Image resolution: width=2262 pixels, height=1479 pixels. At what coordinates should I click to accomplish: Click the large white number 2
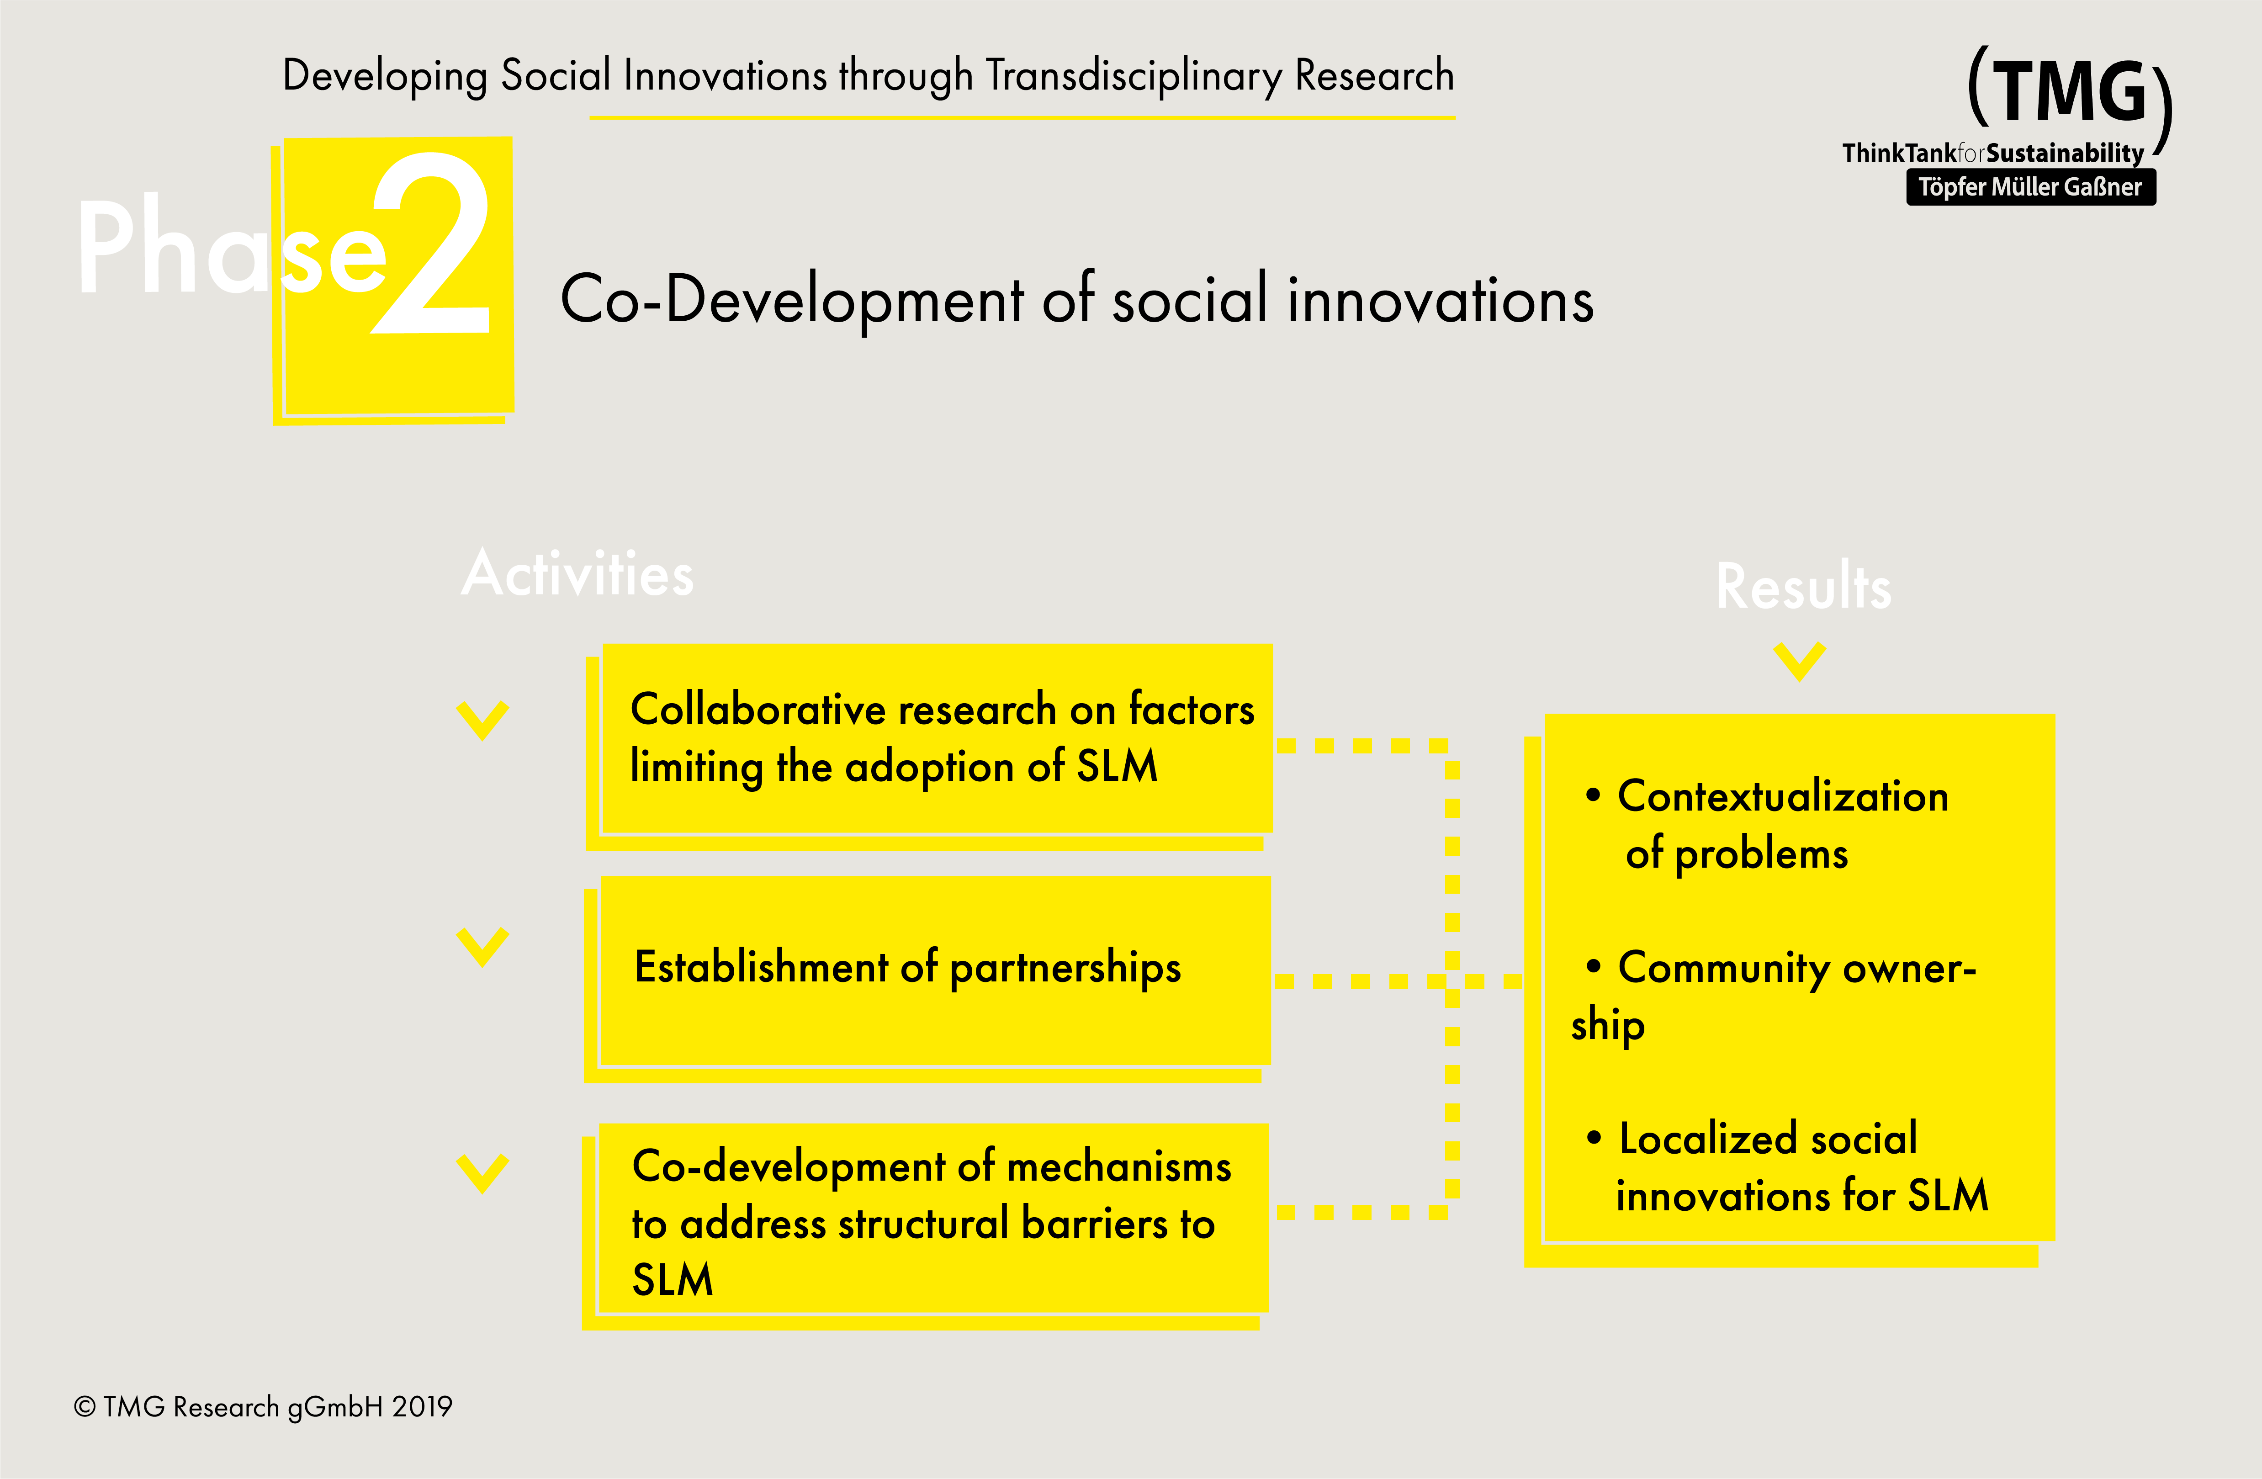(433, 244)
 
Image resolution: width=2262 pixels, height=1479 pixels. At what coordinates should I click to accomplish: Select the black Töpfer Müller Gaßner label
(2030, 186)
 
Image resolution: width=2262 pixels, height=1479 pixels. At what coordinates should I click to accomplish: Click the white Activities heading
(578, 574)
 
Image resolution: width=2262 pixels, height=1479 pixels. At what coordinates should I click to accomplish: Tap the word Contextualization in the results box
(1783, 796)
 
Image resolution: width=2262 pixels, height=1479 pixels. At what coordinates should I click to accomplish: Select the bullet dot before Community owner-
(1594, 967)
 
